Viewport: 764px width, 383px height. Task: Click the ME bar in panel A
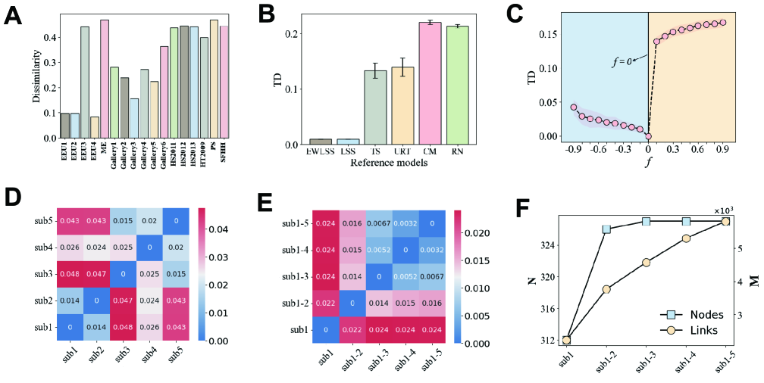click(105, 79)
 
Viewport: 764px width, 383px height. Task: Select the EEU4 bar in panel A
click(94, 127)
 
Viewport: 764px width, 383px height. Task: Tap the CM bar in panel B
click(430, 83)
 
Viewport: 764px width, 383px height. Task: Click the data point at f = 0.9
click(722, 23)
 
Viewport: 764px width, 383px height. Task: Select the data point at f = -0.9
click(574, 107)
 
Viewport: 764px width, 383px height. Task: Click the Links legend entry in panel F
click(692, 330)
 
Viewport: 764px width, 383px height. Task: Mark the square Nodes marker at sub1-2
click(606, 229)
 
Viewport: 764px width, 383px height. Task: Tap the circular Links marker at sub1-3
click(647, 263)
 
